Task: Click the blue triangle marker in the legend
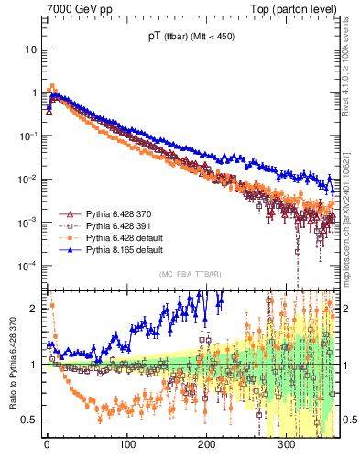tap(66, 249)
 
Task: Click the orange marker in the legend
tap(66, 237)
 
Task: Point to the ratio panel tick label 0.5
tap(29, 420)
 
